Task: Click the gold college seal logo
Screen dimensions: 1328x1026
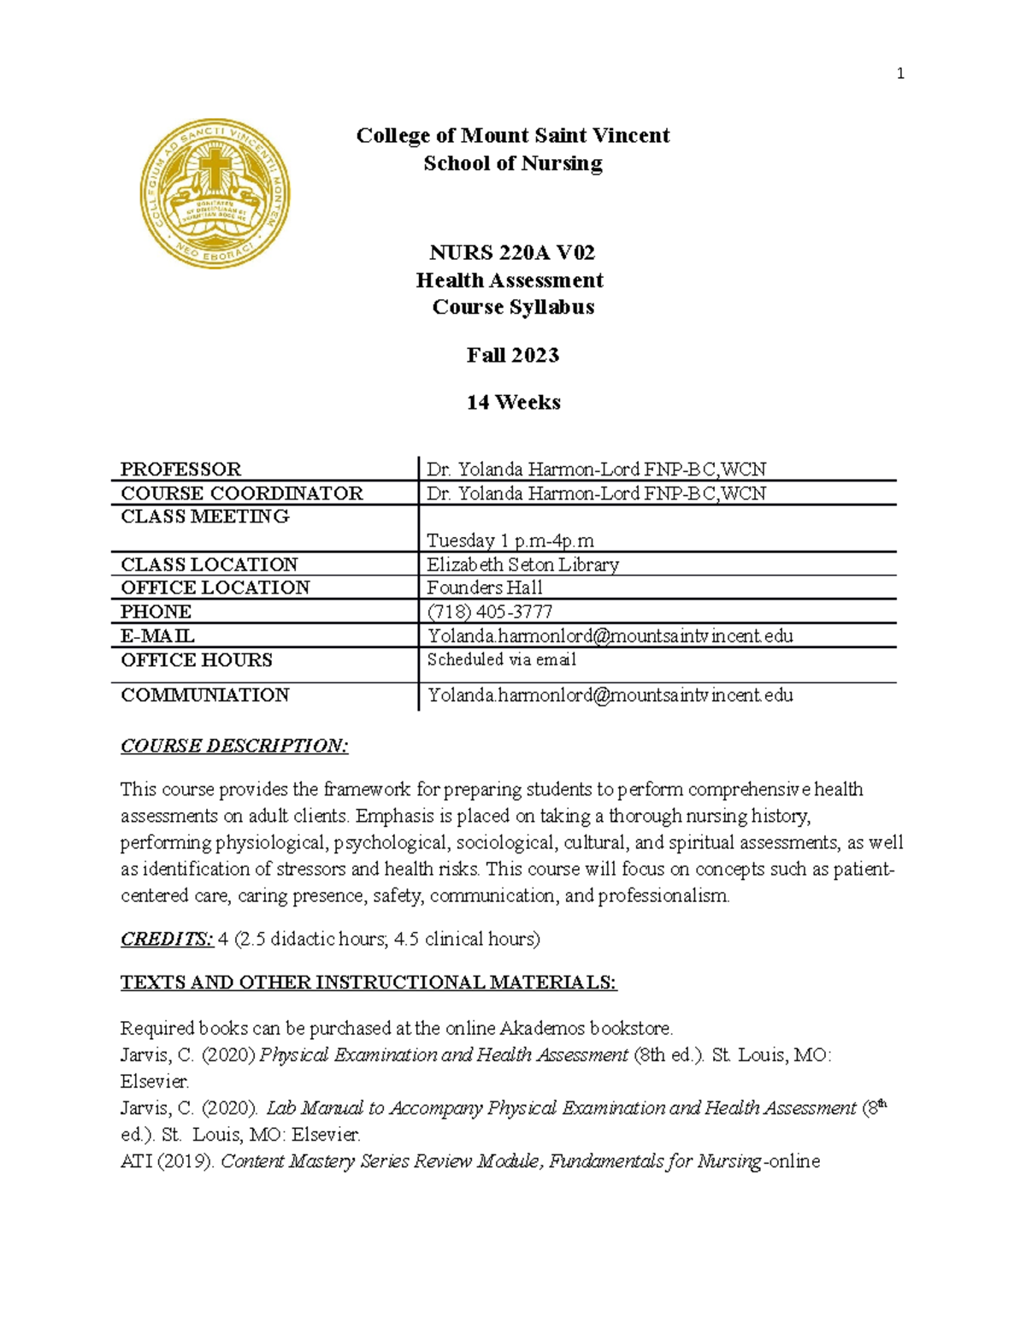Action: [215, 193]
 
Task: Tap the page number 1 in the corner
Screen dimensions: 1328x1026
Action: [899, 74]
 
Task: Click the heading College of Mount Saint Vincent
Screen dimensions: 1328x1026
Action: [513, 135]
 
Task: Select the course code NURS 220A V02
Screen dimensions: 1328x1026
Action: [512, 252]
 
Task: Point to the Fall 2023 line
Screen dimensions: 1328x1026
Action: [512, 355]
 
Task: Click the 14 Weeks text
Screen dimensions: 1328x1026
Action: [513, 402]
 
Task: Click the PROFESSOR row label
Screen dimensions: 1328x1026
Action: [181, 469]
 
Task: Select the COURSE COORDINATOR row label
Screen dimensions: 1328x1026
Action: [242, 493]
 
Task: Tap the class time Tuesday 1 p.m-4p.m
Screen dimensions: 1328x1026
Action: [510, 540]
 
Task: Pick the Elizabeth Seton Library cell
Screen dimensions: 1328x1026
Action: [522, 564]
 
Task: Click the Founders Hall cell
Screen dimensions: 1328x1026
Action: [485, 587]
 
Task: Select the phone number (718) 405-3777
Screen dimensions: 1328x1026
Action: [490, 611]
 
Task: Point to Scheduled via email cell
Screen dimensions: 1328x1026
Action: [502, 659]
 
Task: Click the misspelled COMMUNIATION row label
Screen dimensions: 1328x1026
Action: [205, 694]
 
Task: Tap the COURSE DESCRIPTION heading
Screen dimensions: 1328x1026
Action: [234, 746]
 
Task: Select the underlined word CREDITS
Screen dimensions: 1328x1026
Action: [167, 939]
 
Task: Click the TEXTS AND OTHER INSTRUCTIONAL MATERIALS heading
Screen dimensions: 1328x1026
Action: [369, 983]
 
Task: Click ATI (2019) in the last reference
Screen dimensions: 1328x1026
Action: [168, 1161]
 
